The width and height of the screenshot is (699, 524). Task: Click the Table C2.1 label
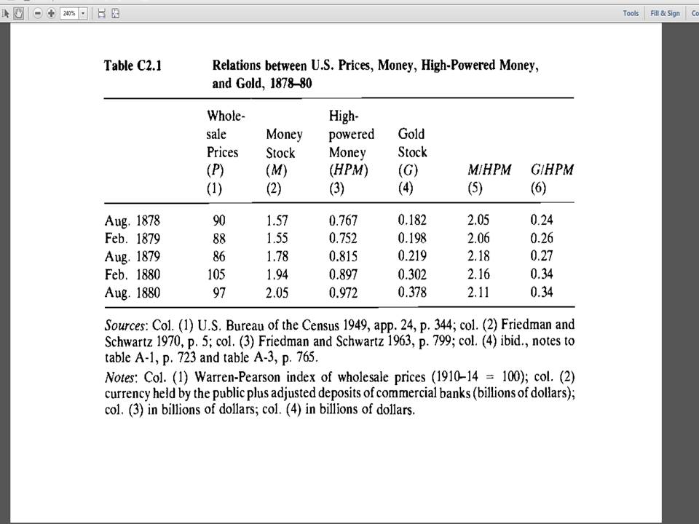133,66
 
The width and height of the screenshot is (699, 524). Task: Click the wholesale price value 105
216,274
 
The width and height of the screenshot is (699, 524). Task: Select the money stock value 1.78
280,256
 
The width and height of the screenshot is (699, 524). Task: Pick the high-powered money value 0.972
344,293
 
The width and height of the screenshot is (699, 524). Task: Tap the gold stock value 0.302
412,274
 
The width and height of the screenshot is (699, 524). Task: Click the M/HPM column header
489,170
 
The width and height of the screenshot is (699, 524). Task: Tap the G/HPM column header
552,170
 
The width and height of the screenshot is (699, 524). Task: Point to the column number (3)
337,188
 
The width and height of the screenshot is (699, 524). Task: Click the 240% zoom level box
71,13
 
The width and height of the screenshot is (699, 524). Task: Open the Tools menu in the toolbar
631,13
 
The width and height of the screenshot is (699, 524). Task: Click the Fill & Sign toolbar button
666,13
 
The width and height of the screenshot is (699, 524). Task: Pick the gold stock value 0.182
412,220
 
